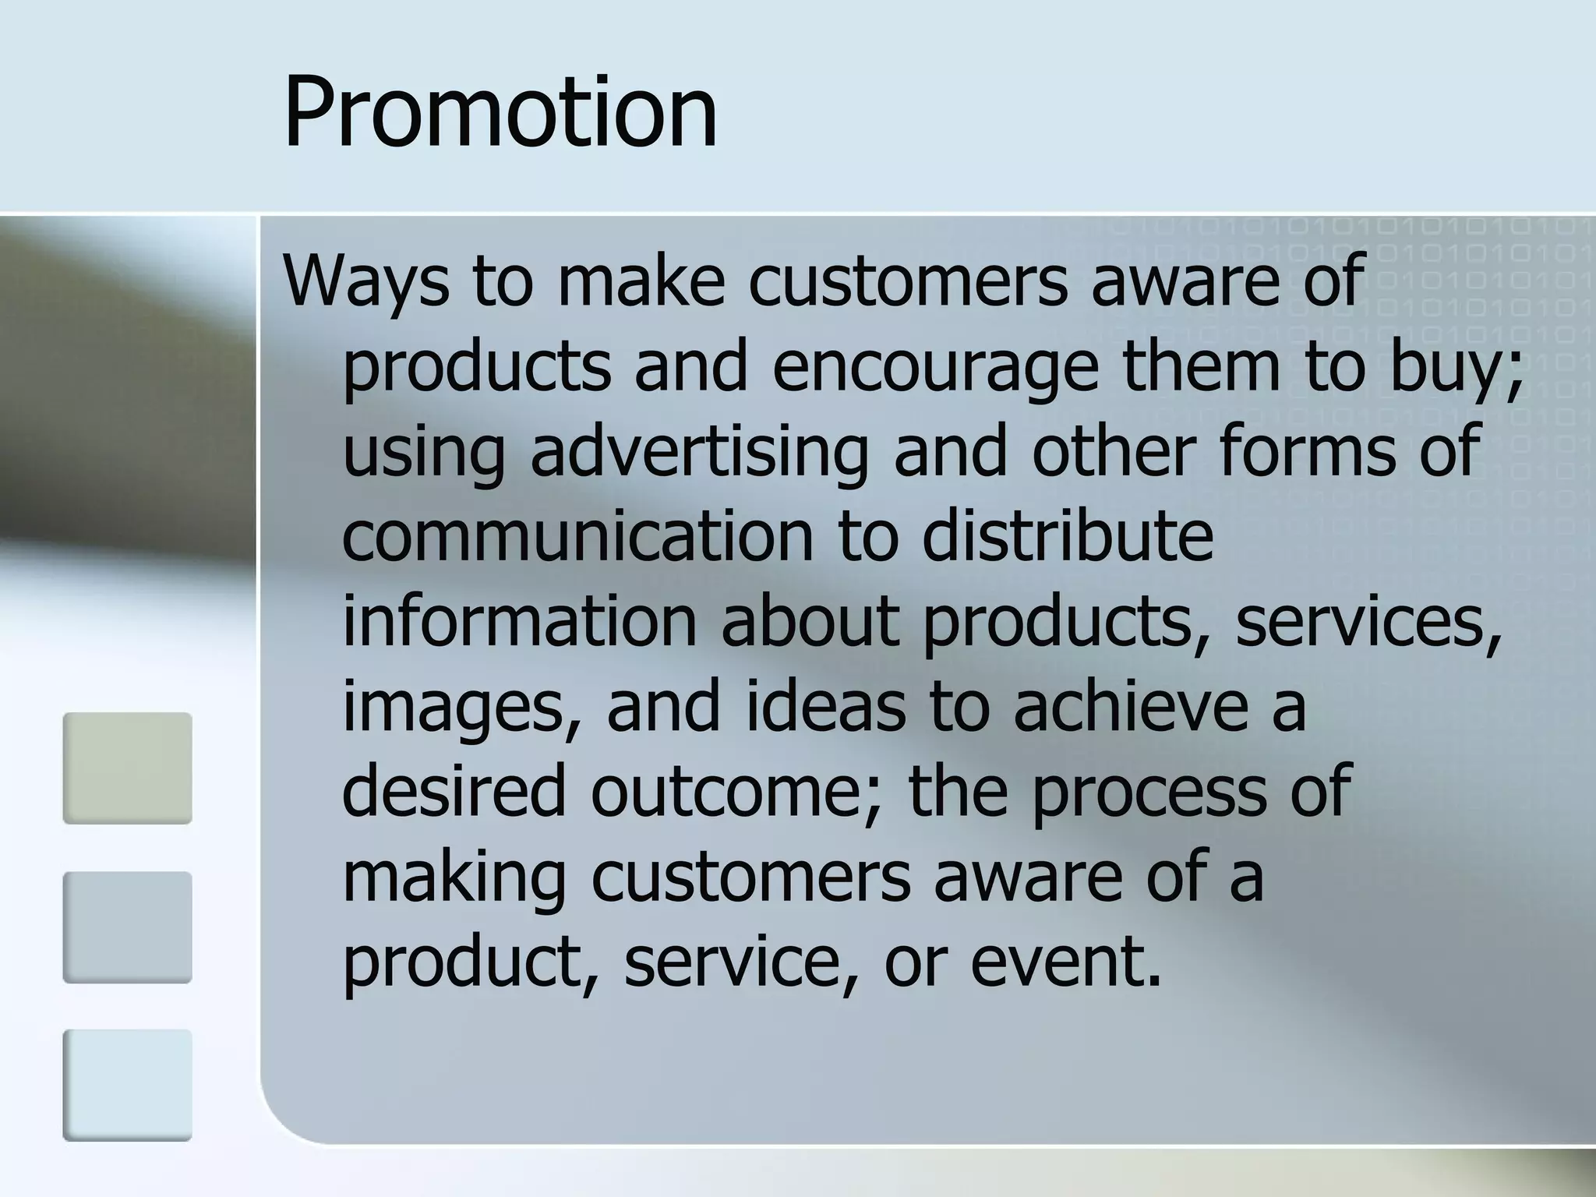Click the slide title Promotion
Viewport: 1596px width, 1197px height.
(500, 111)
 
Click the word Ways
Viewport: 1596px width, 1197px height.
(365, 281)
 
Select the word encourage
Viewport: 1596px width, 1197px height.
(935, 366)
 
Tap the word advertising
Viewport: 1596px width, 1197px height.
(699, 452)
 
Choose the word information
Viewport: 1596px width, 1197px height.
(519, 622)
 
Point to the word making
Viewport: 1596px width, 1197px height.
(453, 879)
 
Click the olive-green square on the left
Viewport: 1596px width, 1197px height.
(127, 768)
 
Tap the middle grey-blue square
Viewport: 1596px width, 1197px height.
(127, 927)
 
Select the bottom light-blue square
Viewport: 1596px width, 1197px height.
(127, 1085)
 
